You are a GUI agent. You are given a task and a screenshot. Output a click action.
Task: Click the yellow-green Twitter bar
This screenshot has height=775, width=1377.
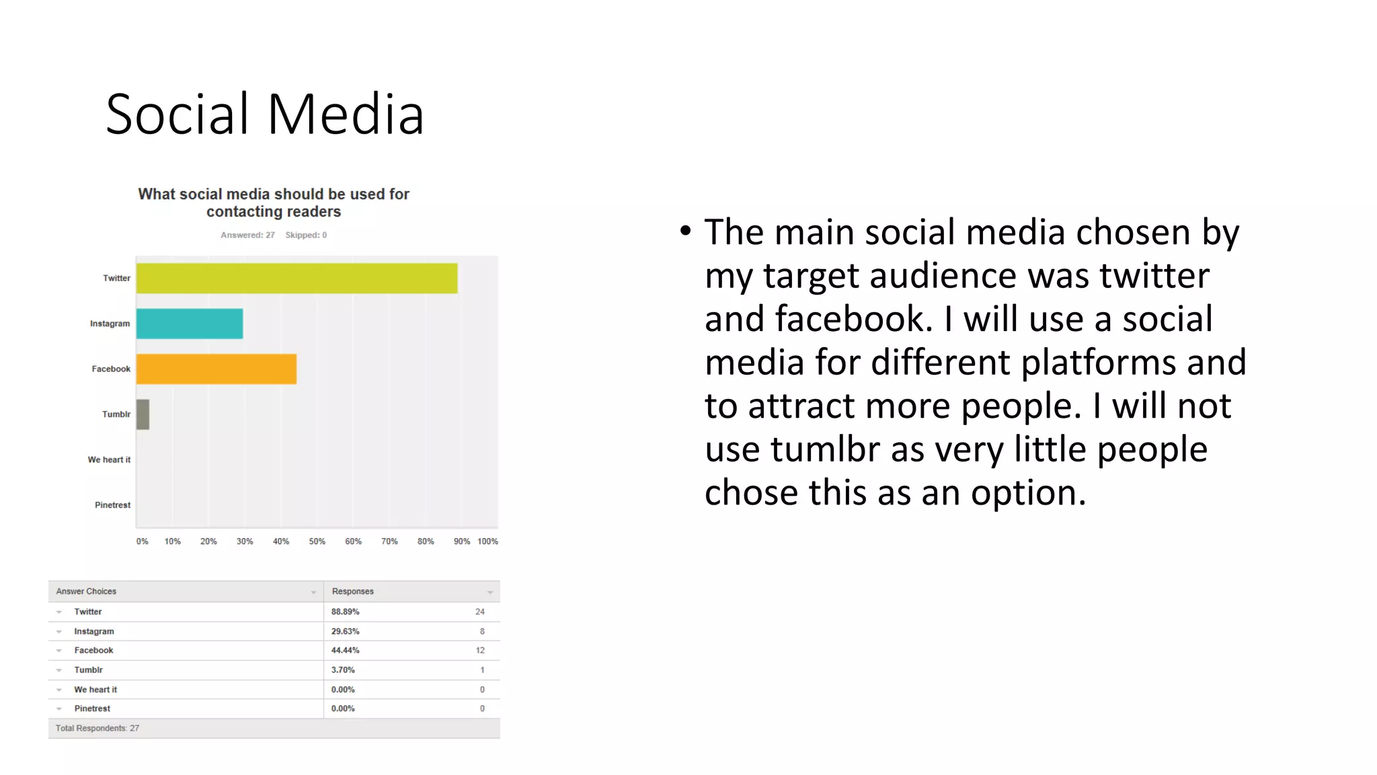pyautogui.click(x=297, y=279)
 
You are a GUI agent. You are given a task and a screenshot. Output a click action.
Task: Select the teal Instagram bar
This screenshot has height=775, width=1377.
pyautogui.click(x=190, y=324)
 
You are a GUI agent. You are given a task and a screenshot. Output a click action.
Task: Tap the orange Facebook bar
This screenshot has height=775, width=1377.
pyautogui.click(x=216, y=369)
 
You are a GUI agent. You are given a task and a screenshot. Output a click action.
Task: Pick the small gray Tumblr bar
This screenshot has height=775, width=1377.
pyautogui.click(x=143, y=414)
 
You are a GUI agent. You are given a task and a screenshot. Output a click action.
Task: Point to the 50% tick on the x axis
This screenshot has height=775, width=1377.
pyautogui.click(x=317, y=542)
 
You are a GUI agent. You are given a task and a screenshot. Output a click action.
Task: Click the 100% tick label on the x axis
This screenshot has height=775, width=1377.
pyautogui.click(x=487, y=542)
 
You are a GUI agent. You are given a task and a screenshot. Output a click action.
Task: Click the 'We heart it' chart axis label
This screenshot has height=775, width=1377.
pyautogui.click(x=109, y=460)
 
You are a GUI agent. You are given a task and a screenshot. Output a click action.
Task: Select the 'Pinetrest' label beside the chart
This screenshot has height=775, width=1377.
pyautogui.click(x=112, y=505)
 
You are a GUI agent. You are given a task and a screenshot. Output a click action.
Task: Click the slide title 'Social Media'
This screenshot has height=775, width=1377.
pyautogui.click(x=265, y=114)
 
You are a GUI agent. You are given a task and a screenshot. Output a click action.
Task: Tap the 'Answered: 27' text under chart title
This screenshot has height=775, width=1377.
pyautogui.click(x=247, y=235)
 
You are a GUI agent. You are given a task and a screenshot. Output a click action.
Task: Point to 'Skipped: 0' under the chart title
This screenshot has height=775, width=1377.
pyautogui.click(x=306, y=235)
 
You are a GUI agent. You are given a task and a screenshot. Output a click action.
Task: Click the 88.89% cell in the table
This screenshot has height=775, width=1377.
pyautogui.click(x=345, y=612)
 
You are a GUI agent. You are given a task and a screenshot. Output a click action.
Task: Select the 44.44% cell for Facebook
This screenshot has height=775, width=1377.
pyautogui.click(x=345, y=651)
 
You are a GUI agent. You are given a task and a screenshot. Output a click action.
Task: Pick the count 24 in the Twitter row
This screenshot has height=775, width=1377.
pyautogui.click(x=479, y=612)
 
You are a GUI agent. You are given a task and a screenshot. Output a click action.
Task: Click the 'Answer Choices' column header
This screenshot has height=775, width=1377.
pyautogui.click(x=86, y=592)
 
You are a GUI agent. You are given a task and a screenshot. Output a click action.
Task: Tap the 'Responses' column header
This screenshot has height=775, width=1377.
pyautogui.click(x=352, y=592)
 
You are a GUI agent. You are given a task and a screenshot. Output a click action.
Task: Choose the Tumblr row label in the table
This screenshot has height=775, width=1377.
pyautogui.click(x=88, y=670)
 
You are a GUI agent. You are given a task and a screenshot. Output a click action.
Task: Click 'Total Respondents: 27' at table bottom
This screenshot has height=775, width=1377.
pyautogui.click(x=97, y=729)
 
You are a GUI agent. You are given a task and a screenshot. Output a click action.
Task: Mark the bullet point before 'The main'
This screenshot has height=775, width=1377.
pyautogui.click(x=685, y=231)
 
